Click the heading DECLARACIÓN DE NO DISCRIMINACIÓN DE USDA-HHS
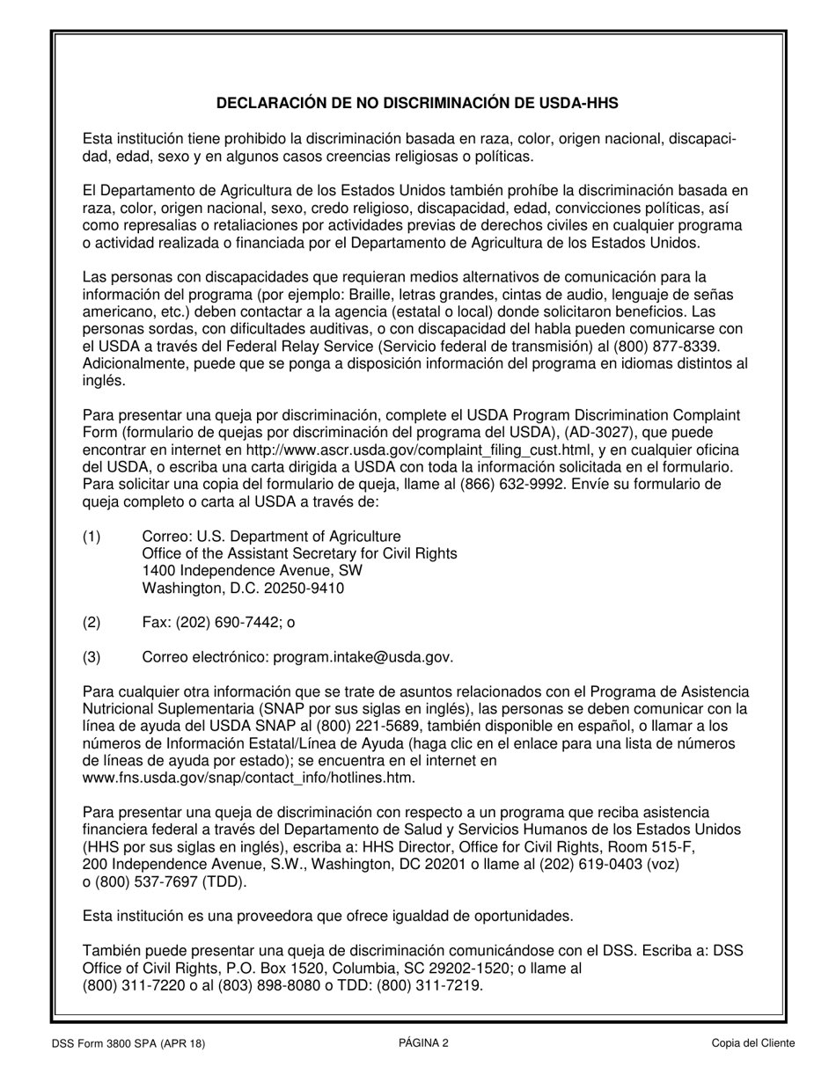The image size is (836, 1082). click(417, 103)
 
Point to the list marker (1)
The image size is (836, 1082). click(92, 536)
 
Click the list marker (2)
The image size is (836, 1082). click(92, 623)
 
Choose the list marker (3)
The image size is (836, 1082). click(92, 657)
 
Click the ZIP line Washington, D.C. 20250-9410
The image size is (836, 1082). click(243, 589)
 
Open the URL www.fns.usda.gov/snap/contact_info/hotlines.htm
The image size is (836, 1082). click(248, 779)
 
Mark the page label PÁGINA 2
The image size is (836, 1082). click(423, 1043)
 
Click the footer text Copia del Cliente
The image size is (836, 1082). click(753, 1043)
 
